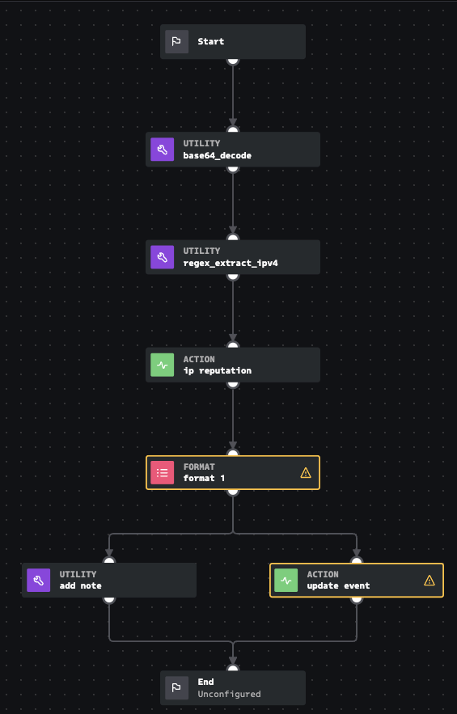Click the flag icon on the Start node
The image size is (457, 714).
(x=176, y=41)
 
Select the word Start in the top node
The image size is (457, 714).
(x=210, y=41)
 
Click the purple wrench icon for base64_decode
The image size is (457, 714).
(x=162, y=150)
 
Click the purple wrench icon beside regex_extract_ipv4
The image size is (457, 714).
(x=162, y=257)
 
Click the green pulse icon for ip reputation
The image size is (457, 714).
(x=162, y=365)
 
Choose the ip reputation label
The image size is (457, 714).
(x=217, y=370)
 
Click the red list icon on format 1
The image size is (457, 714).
(x=162, y=472)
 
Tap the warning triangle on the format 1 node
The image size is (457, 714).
(x=305, y=472)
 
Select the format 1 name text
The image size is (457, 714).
(x=204, y=478)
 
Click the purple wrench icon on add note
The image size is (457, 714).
(x=38, y=580)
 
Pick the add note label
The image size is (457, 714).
(x=80, y=585)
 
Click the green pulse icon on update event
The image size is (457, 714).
(x=286, y=580)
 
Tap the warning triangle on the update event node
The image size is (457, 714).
(x=429, y=580)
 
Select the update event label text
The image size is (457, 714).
(x=337, y=585)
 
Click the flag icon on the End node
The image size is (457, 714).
(x=176, y=687)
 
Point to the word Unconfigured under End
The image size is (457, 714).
(x=229, y=694)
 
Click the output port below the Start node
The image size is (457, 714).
(x=233, y=59)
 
